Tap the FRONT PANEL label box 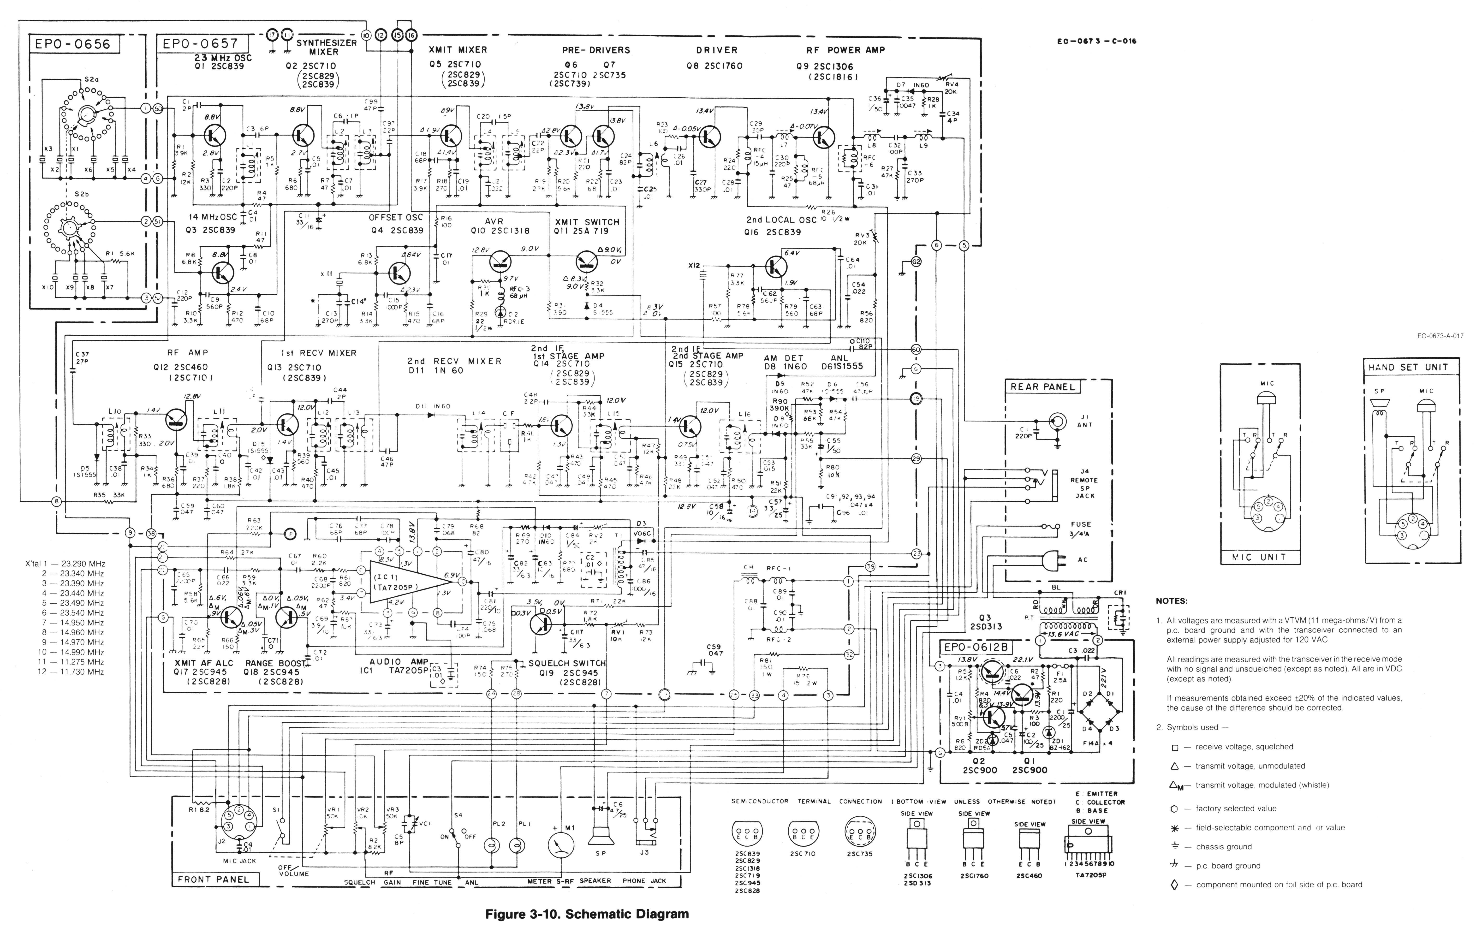pos(213,879)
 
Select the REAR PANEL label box pos(1042,387)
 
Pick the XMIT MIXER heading pos(458,50)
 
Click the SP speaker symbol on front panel pos(600,837)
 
